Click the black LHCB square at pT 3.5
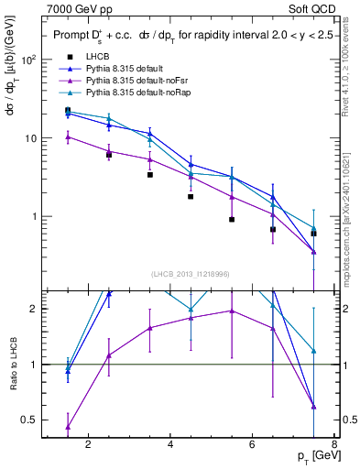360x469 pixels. pyautogui.click(x=150, y=174)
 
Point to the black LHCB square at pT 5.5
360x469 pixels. pyautogui.click(x=232, y=220)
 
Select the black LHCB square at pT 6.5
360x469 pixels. pyautogui.click(x=273, y=230)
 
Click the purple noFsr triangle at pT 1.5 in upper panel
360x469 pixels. pyautogui.click(x=68, y=137)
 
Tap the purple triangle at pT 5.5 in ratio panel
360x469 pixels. pyautogui.click(x=232, y=311)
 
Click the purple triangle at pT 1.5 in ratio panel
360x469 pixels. pyautogui.click(x=68, y=427)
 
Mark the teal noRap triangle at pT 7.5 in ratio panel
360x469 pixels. pyautogui.click(x=314, y=351)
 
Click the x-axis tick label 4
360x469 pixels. pyautogui.click(x=171, y=446)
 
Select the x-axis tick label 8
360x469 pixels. pyautogui.click(x=335, y=446)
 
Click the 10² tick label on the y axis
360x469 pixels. pyautogui.click(x=28, y=60)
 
